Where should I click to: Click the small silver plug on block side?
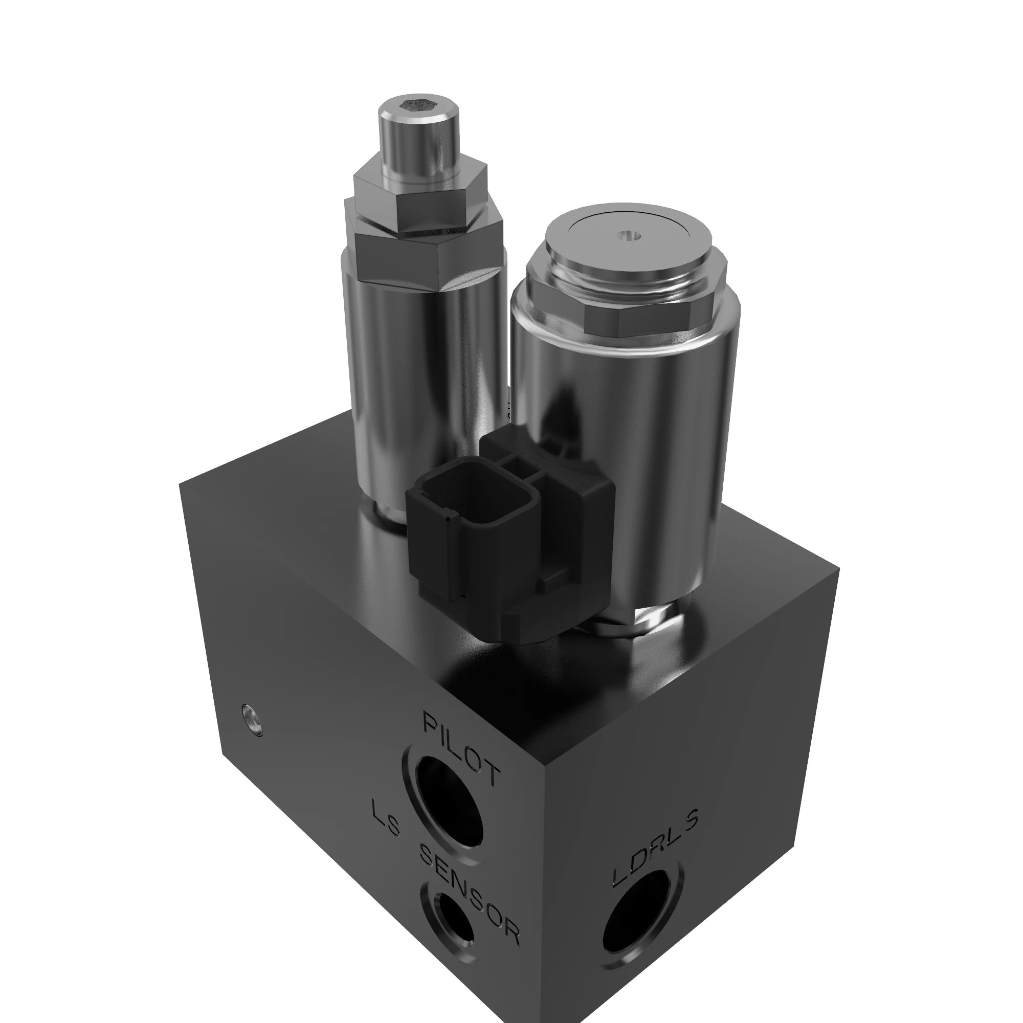252,720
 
